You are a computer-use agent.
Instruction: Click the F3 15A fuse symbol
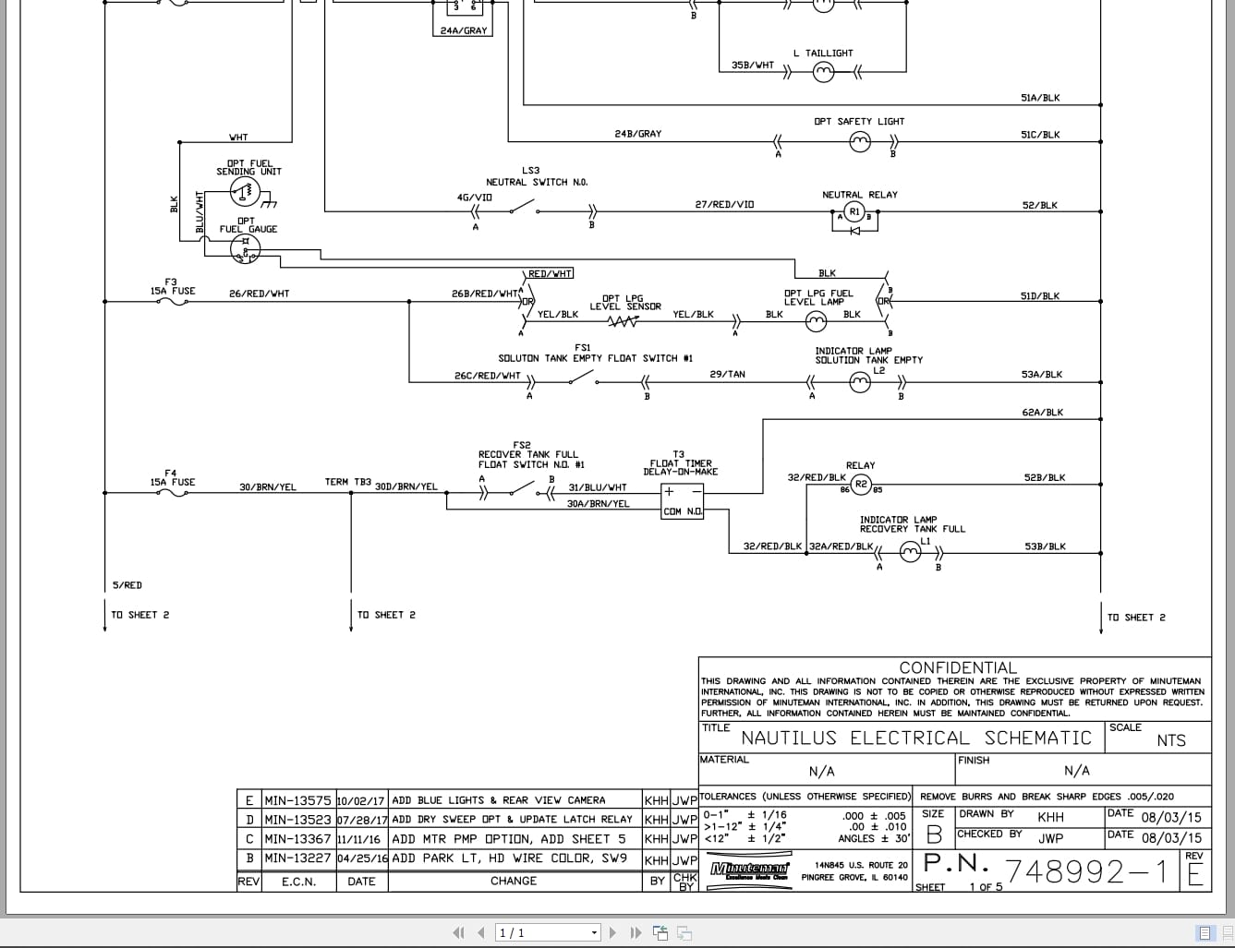tap(173, 301)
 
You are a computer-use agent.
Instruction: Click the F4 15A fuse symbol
tap(173, 493)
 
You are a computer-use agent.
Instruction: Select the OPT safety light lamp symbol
tap(860, 141)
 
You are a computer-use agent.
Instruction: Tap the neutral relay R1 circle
tap(854, 212)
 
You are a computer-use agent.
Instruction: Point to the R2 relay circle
tap(860, 485)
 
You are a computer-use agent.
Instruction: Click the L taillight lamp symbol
tap(822, 73)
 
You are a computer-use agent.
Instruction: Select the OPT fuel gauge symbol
tap(246, 247)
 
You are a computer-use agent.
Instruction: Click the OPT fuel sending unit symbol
tap(244, 192)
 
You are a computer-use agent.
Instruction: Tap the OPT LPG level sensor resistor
tap(624, 321)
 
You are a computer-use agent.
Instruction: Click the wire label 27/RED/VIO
tap(724, 205)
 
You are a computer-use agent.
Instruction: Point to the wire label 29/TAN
tap(727, 375)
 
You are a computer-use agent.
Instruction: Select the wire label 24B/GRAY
tap(638, 135)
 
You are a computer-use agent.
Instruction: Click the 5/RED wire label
tap(127, 585)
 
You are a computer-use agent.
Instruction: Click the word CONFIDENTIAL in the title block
tap(957, 667)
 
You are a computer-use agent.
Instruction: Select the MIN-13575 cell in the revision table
tap(297, 800)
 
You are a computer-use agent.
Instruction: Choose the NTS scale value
tap(1170, 740)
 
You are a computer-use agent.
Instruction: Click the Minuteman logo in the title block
tap(750, 870)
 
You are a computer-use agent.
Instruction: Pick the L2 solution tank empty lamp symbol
tap(860, 382)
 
